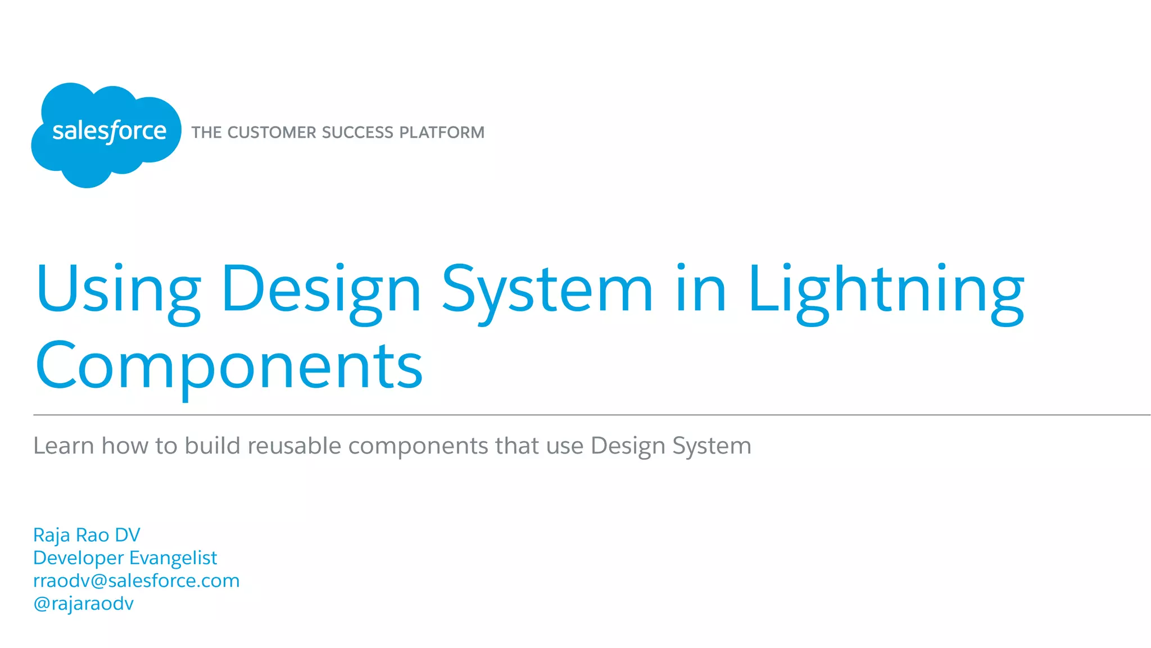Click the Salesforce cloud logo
106,134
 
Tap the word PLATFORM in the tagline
442,133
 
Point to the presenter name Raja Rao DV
87,535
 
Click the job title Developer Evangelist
125,558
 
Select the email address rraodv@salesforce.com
137,581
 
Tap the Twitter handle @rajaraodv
84,604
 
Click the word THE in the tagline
206,133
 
